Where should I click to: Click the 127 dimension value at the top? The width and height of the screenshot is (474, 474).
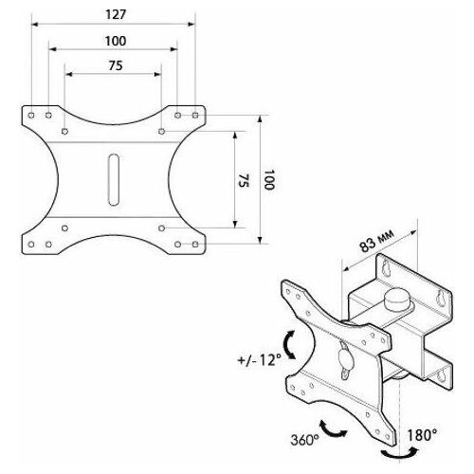pos(113,14)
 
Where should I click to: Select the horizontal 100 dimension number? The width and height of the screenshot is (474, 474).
pos(113,41)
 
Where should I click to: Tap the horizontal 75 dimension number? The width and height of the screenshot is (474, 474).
pos(113,65)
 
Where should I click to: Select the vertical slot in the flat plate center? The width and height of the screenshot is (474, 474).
pos(113,179)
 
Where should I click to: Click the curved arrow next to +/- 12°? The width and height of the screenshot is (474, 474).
pos(289,345)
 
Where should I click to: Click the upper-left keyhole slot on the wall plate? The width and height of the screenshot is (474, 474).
pos(386,269)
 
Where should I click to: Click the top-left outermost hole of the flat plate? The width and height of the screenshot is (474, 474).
pos(31,114)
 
